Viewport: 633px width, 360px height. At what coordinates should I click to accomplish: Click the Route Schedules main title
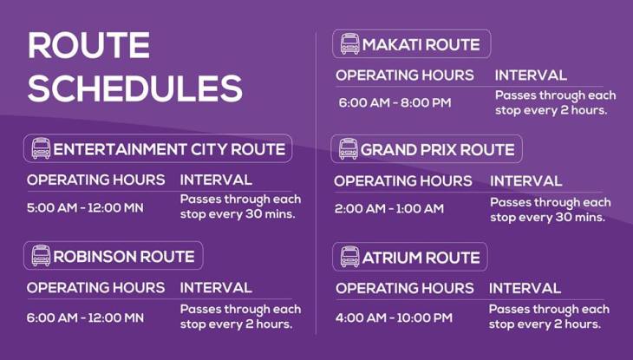(x=134, y=67)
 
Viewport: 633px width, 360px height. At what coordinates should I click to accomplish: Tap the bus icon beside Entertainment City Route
(x=41, y=148)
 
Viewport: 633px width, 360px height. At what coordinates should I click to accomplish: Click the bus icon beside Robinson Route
(x=41, y=256)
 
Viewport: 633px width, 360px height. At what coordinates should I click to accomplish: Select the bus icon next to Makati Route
(x=349, y=44)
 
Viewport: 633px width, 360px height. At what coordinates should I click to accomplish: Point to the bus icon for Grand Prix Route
(x=348, y=149)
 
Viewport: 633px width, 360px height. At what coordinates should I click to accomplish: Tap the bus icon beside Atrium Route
(x=349, y=257)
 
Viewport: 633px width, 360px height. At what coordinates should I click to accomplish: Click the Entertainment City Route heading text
(x=169, y=149)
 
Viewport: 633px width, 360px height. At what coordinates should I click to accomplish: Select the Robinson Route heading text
(x=124, y=257)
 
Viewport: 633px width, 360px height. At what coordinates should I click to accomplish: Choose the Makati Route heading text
(x=421, y=45)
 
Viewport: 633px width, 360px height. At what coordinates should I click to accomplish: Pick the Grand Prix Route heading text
(x=437, y=150)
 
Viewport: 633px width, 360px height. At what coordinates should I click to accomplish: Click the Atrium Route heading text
(x=421, y=258)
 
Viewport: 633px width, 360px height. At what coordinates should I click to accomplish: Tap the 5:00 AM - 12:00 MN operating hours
(x=85, y=208)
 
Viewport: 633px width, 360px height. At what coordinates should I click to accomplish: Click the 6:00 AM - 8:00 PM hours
(x=395, y=103)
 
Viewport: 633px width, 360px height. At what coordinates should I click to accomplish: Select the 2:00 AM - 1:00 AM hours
(x=388, y=208)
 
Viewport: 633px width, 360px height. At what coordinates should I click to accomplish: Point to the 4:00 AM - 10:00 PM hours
(x=394, y=317)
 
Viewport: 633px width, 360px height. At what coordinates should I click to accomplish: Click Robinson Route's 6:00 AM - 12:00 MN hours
(x=85, y=317)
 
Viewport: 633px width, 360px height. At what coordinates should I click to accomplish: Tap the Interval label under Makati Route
(x=530, y=75)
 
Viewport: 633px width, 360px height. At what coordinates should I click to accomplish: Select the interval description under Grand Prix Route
(x=550, y=210)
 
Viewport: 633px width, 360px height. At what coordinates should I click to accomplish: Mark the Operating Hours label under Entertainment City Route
(x=95, y=180)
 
